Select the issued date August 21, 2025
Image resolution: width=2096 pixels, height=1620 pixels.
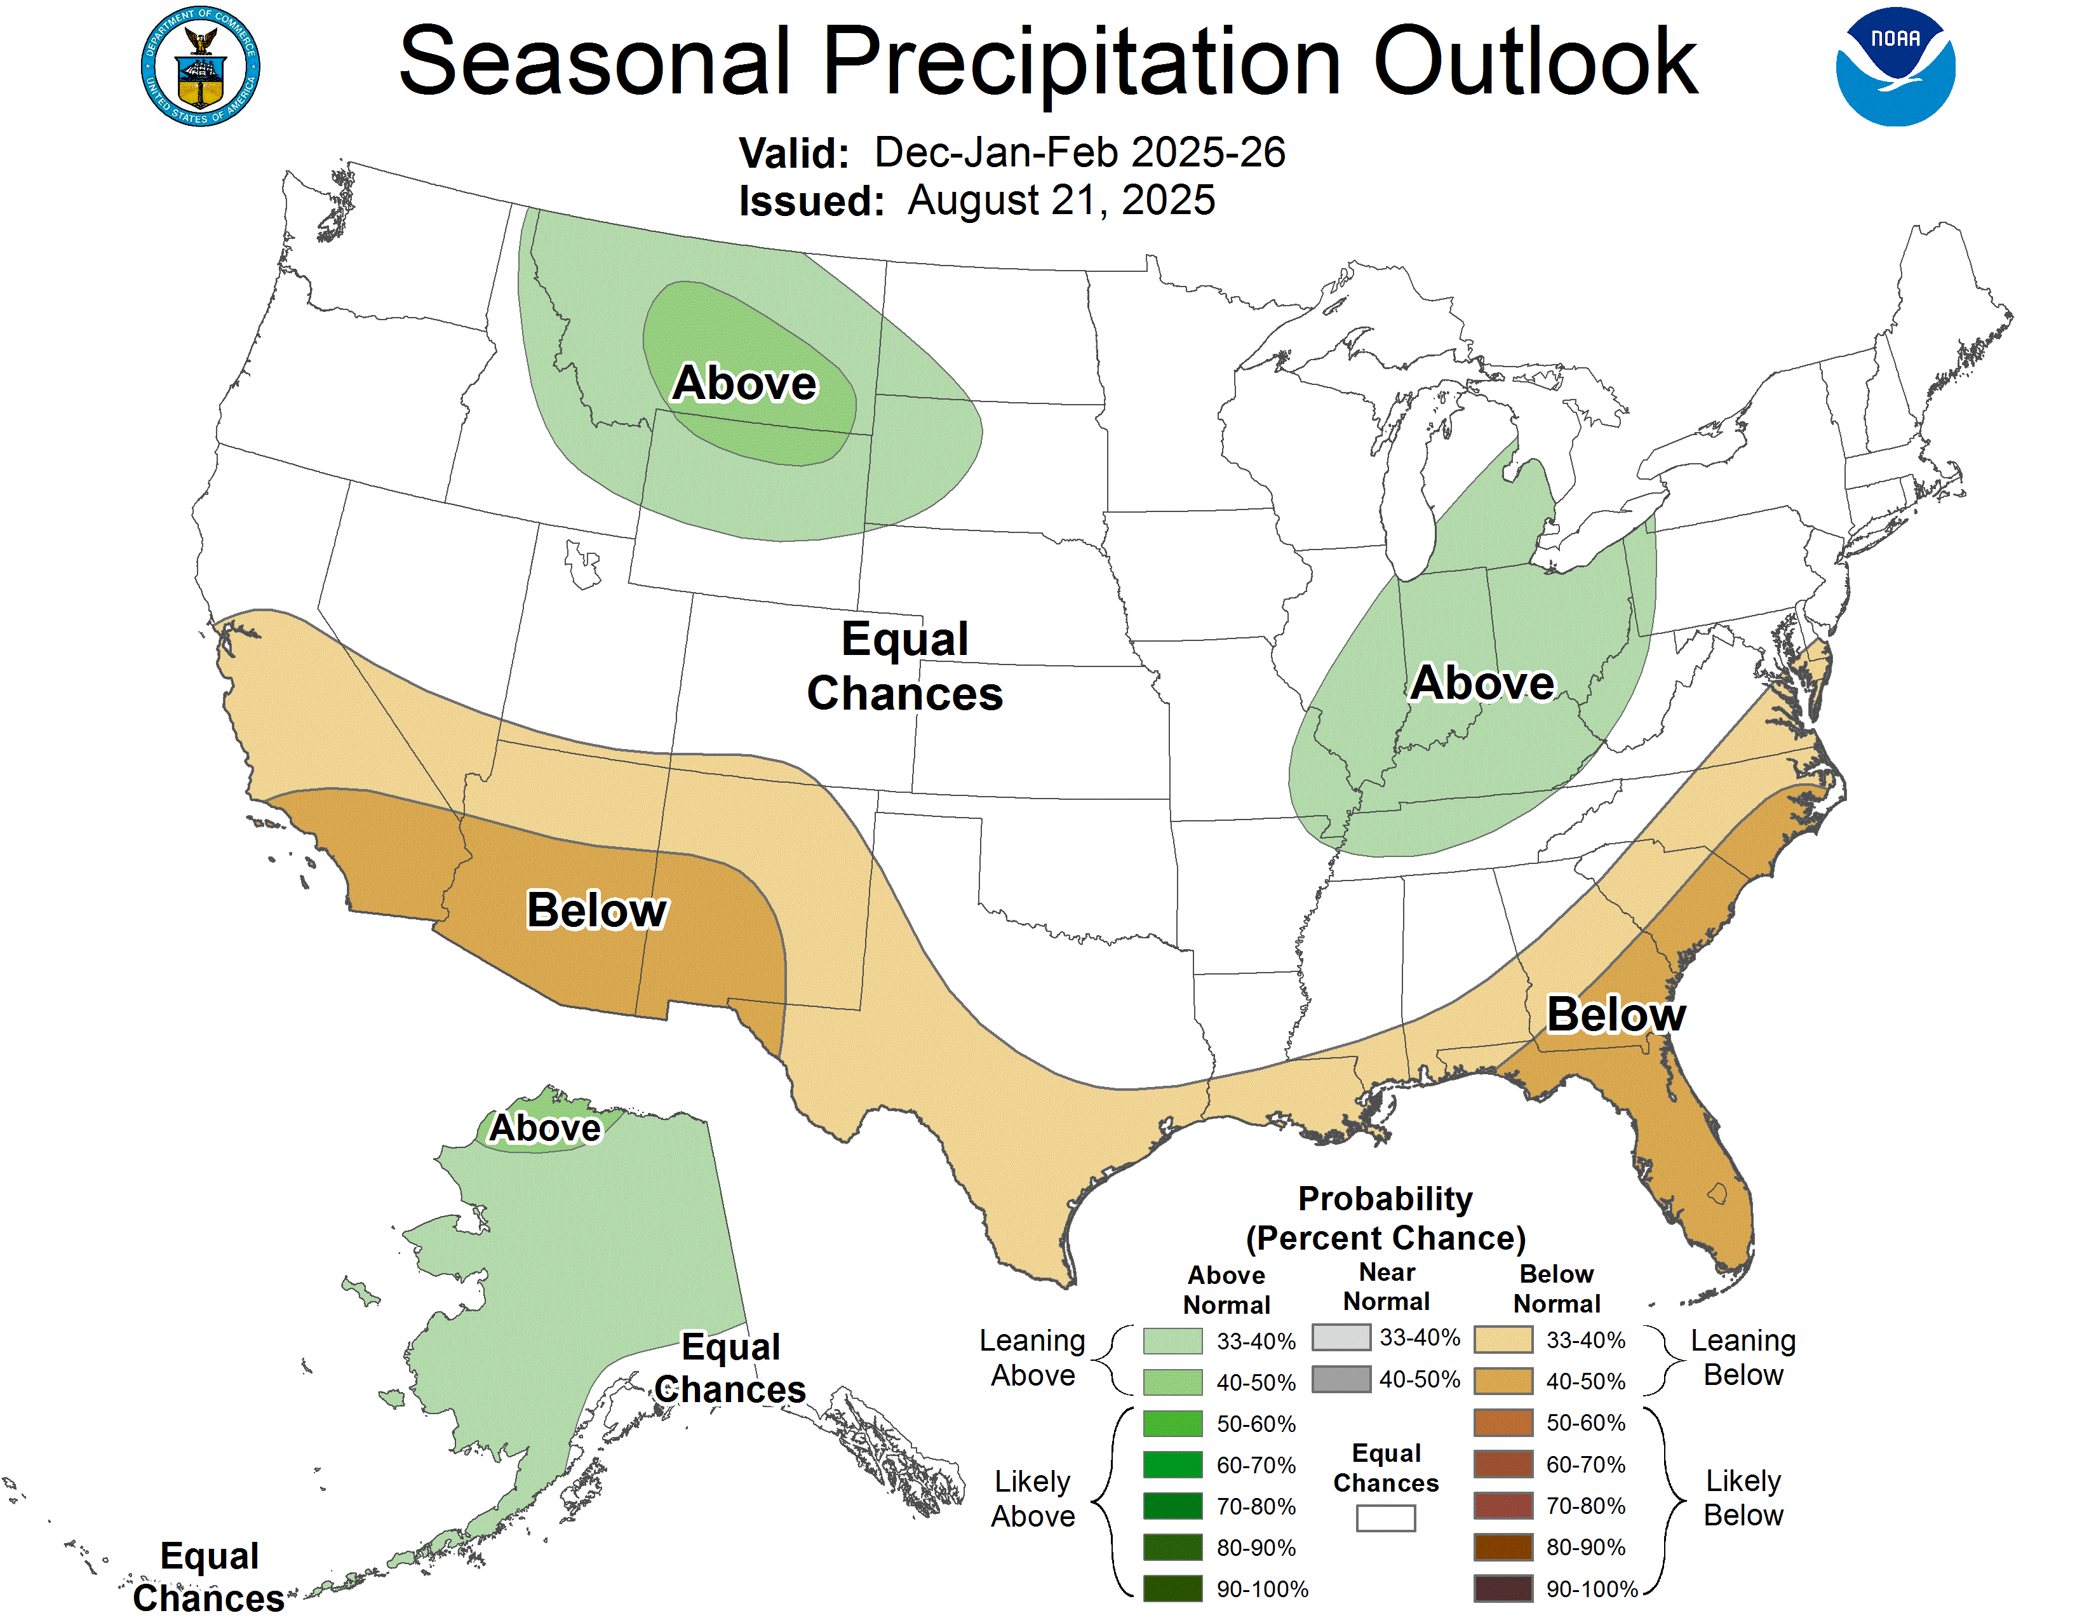tap(1061, 201)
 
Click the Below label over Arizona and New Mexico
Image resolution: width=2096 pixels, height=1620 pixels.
tap(597, 909)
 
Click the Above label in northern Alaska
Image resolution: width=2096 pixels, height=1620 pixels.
tap(545, 1128)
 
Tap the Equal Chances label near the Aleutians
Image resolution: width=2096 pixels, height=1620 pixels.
tap(208, 1577)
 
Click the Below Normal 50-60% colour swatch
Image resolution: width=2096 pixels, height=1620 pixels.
tap(1502, 1422)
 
